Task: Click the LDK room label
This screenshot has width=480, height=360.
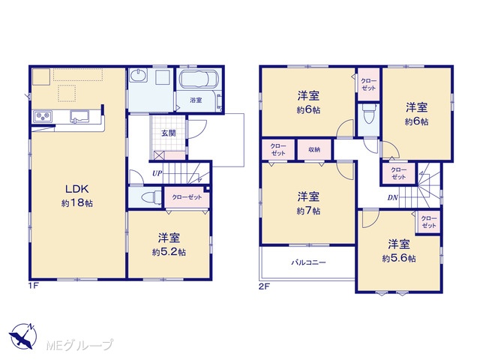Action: click(x=76, y=189)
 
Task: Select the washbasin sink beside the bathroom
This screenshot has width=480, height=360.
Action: click(x=138, y=75)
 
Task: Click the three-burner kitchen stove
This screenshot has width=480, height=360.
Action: click(x=43, y=117)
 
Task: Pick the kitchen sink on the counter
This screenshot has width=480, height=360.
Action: click(x=79, y=117)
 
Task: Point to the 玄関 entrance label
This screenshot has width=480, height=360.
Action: click(x=168, y=133)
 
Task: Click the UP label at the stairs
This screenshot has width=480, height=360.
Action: click(x=157, y=173)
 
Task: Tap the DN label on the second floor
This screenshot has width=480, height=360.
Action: click(x=392, y=198)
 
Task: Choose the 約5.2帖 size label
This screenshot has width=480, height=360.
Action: click(x=169, y=252)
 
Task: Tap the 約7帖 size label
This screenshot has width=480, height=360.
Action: click(x=308, y=211)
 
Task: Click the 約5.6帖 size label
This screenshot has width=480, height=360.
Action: click(x=399, y=259)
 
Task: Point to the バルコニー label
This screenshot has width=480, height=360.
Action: click(x=308, y=262)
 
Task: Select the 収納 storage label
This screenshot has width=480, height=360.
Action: click(x=314, y=150)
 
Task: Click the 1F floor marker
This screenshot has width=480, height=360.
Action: click(x=34, y=286)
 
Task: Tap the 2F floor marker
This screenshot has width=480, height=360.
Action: click(x=264, y=286)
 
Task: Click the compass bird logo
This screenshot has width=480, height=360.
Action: click(x=22, y=336)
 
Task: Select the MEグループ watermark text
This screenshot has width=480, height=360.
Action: click(x=79, y=345)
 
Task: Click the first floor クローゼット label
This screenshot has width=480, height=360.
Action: click(x=187, y=197)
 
